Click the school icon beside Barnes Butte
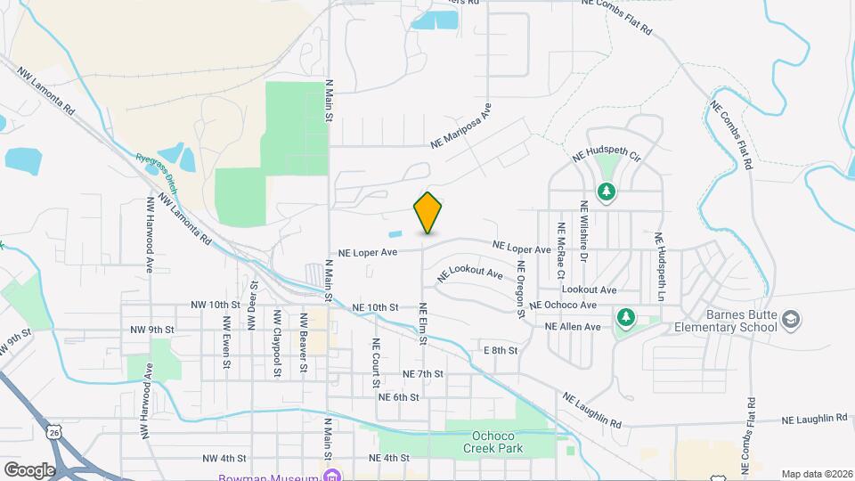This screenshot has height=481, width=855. pos(790,319)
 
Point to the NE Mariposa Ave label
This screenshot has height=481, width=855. pos(460,126)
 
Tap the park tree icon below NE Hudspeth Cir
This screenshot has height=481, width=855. pos(607,192)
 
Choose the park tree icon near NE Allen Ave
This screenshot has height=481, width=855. pos(626,318)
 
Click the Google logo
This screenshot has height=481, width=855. pos(29,469)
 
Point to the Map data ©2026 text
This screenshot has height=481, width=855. pos(816,474)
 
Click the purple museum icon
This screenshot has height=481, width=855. pos(331,476)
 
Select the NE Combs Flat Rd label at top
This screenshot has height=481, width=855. pos(615,16)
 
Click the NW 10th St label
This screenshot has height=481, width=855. pos(211,305)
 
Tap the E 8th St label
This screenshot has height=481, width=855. pos(500,350)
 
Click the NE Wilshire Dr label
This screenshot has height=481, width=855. pos(584,230)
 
